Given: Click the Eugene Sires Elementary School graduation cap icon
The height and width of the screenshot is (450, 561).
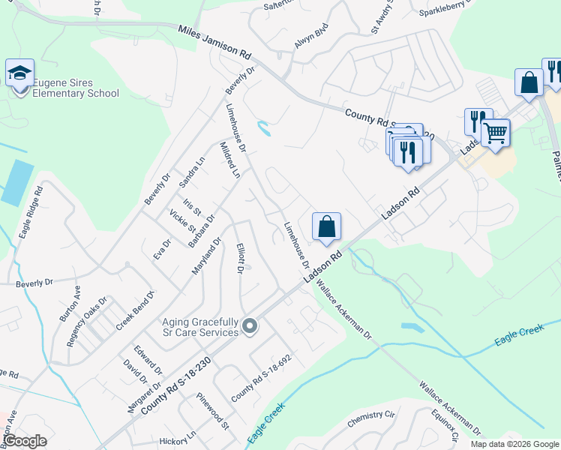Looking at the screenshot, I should tap(20, 73).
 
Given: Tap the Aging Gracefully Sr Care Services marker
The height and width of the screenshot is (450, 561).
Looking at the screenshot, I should tap(250, 326).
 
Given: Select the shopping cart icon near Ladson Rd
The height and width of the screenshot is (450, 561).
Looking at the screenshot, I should tap(495, 133).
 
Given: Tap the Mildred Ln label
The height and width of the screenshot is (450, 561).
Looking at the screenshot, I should tap(229, 159).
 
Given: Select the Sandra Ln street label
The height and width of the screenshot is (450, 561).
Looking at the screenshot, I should tap(192, 172).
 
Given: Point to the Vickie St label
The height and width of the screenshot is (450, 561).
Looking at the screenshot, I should tap(182, 220).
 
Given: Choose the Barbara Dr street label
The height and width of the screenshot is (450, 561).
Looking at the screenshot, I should tap(201, 229).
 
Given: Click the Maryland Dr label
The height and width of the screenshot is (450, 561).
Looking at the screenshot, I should tap(206, 256).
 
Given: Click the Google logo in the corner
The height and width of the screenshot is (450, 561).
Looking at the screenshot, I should tap(25, 441).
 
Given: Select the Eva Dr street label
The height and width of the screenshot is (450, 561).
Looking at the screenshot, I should tap(163, 248).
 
